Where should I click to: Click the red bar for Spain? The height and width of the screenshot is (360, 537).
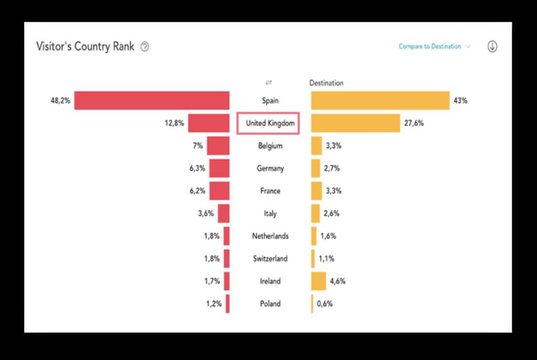click(x=152, y=100)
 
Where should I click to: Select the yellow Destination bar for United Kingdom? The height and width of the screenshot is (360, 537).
click(x=355, y=123)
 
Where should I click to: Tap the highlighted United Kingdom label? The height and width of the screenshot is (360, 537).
click(x=268, y=123)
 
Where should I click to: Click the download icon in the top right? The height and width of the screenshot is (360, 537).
click(x=492, y=46)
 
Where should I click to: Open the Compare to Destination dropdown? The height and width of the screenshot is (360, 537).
click(x=434, y=47)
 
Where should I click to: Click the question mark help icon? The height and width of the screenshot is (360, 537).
click(x=145, y=47)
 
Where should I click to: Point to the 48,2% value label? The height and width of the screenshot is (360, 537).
click(x=60, y=100)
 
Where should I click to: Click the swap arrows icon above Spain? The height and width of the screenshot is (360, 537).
click(x=268, y=83)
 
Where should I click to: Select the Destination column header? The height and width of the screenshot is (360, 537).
click(x=326, y=83)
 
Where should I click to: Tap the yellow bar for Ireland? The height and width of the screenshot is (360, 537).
click(x=318, y=281)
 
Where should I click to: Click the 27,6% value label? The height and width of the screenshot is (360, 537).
click(x=414, y=123)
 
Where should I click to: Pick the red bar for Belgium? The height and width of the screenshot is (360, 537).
click(x=218, y=146)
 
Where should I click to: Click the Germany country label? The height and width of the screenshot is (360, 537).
click(x=270, y=168)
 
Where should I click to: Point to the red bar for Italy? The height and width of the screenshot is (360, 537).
click(x=224, y=214)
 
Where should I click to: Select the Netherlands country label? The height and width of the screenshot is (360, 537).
click(x=270, y=236)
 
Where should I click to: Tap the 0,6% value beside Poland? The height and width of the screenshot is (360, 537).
click(x=324, y=304)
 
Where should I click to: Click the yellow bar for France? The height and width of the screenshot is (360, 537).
click(x=316, y=191)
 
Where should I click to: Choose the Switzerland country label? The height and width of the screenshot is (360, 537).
click(x=270, y=259)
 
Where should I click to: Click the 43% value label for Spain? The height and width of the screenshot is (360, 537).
click(x=460, y=100)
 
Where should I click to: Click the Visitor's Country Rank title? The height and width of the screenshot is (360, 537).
click(x=85, y=46)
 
